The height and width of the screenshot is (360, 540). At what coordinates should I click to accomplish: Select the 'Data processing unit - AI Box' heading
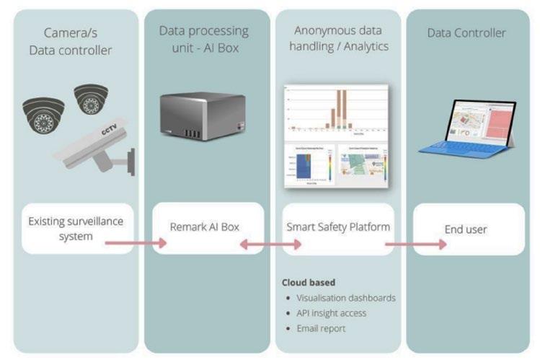tap(203, 40)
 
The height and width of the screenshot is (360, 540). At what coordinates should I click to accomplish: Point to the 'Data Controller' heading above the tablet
tap(466, 32)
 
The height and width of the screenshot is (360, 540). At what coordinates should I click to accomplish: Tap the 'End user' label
tap(466, 229)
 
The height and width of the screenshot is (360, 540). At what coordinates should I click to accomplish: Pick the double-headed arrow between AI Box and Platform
tap(270, 246)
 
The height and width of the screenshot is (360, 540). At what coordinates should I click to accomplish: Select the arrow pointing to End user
tap(415, 244)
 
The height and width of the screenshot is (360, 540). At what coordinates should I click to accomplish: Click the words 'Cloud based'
tap(309, 282)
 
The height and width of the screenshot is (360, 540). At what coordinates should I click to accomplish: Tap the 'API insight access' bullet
tap(332, 312)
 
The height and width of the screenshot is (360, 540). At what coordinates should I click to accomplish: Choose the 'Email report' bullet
tap(321, 328)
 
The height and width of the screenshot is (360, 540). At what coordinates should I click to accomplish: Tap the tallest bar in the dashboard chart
tap(343, 107)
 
